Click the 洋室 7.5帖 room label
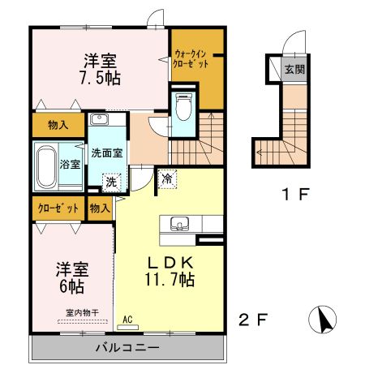point(100,70)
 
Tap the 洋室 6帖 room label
point(72,277)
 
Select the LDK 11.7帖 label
point(170,271)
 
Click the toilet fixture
point(184,107)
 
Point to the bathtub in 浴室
point(46,166)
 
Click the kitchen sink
point(179,224)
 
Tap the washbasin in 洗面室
point(99,119)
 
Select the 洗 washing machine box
point(111,182)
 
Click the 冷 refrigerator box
point(167,178)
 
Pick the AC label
point(127,320)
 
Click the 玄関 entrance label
point(294,70)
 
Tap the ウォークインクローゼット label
point(191,58)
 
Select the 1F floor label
point(295,194)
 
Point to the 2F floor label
point(253,320)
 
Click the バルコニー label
point(127,347)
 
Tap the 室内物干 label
point(83,313)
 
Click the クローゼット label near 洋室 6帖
point(58,208)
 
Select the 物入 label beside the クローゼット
point(100,208)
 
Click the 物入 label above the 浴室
point(58,125)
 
